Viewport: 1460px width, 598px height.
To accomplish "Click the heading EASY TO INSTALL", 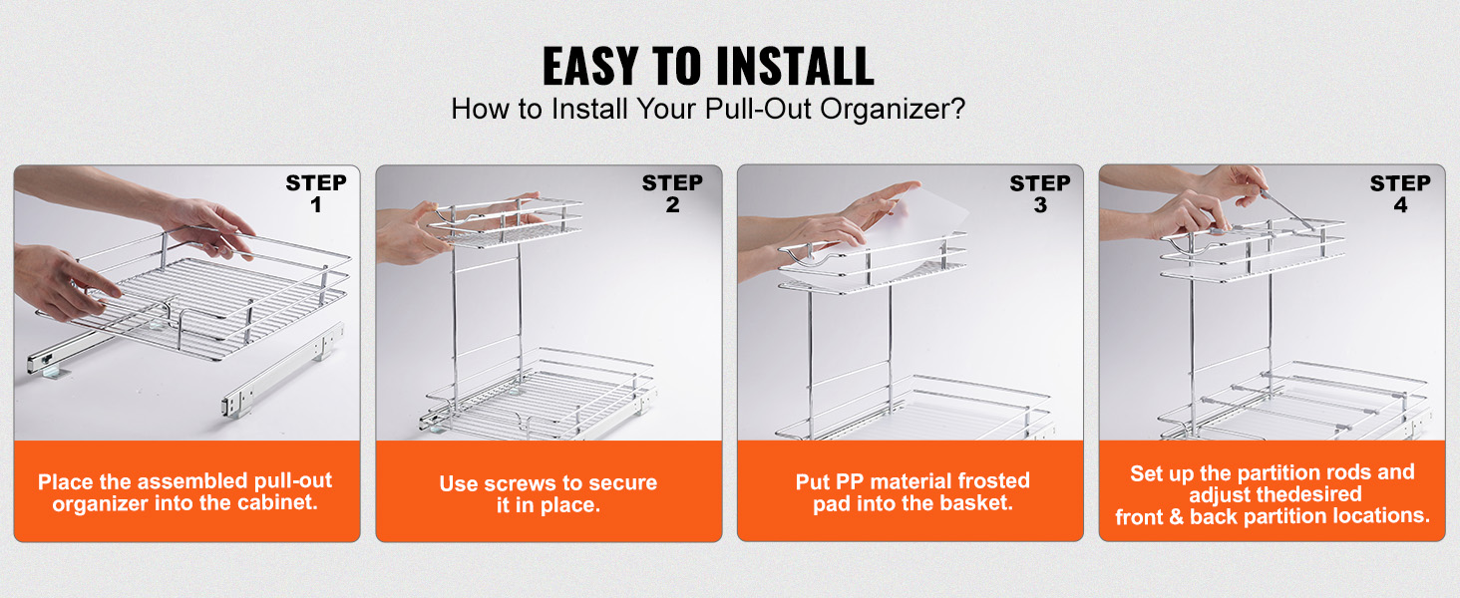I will pos(708,67).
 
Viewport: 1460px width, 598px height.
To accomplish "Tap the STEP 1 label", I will pos(315,193).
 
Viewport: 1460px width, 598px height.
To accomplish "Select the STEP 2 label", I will pos(672,193).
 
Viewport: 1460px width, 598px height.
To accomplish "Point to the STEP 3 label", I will pos(1039,193).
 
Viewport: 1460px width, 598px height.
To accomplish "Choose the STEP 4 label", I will pos(1399,193).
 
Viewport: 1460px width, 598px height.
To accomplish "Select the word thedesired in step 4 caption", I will pos(1308,494).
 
